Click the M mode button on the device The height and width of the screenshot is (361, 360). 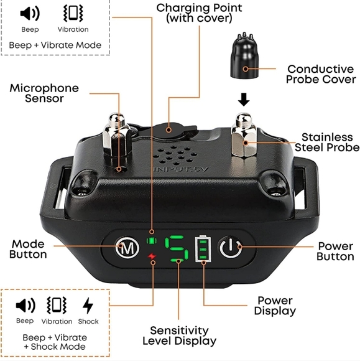(127, 248)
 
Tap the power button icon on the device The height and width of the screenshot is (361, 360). (231, 248)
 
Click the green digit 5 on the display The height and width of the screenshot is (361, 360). (177, 248)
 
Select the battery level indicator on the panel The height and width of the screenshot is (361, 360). (203, 248)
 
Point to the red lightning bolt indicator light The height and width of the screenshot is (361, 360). (152, 256)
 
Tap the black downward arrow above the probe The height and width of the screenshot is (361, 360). (244, 100)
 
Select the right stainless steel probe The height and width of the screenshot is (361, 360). (244, 134)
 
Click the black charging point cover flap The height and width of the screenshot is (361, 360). (173, 131)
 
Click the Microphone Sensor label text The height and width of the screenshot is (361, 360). (44, 93)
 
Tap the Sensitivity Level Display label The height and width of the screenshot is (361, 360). (180, 335)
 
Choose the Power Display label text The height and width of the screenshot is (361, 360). (275, 306)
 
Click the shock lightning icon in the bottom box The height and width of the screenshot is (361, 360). (88, 306)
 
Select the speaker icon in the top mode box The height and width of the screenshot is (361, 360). (30, 13)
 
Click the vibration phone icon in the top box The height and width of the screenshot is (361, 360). (73, 13)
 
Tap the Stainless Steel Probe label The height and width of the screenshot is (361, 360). (327, 143)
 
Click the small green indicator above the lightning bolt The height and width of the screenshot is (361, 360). (152, 241)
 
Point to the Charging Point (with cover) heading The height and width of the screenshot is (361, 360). (199, 13)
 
